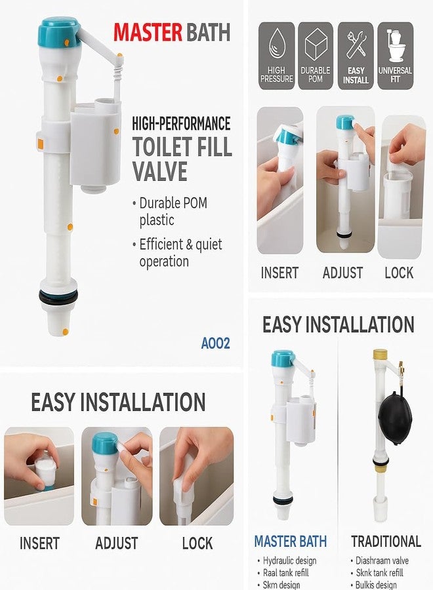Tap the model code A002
point(216,342)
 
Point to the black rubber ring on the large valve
point(58,297)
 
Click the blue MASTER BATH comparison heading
point(290,541)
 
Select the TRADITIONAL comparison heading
point(386,541)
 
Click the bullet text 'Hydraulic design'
point(289,560)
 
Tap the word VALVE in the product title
point(159,172)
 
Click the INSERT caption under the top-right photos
point(279,273)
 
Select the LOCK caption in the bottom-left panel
point(197,543)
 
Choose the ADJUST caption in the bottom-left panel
point(116,543)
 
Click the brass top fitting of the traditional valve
point(379,357)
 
